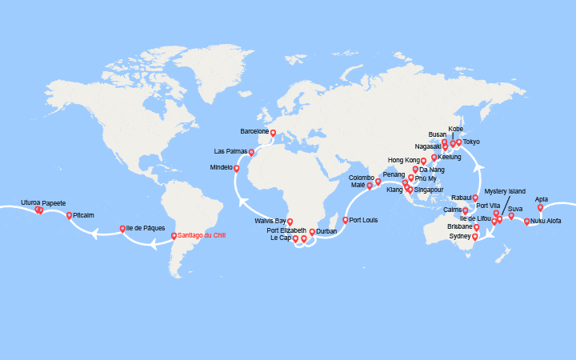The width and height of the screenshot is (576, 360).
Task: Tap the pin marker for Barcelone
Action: [273, 133]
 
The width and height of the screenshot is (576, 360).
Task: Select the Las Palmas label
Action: [230, 151]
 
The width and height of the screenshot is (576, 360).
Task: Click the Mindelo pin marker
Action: [236, 168]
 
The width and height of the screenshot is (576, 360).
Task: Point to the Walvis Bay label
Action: [270, 220]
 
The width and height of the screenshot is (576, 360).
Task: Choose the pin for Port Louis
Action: [346, 220]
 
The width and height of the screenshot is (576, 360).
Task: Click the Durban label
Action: [326, 231]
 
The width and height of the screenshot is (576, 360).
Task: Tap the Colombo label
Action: [361, 178]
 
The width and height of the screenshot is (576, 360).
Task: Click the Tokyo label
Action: [471, 142]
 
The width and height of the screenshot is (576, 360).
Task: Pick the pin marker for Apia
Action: [540, 207]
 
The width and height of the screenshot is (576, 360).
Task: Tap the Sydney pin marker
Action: [476, 236]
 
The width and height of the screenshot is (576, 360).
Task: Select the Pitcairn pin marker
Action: [69, 215]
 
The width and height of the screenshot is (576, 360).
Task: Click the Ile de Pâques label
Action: [146, 228]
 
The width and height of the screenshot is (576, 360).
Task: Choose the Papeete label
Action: [54, 203]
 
